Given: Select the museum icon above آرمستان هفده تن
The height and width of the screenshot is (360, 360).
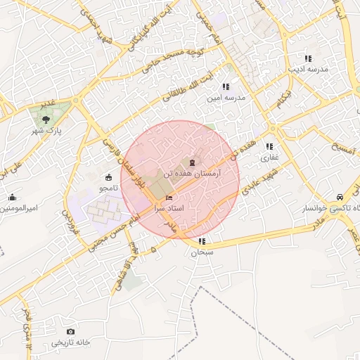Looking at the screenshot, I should click(192, 162).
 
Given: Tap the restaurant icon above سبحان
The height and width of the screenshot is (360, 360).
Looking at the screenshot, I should click(202, 241).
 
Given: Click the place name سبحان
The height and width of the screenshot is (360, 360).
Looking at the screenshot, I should click(202, 252).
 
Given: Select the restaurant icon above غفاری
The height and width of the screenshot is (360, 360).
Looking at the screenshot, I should click(269, 146).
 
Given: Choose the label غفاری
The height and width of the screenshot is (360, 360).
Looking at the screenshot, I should click(270, 157).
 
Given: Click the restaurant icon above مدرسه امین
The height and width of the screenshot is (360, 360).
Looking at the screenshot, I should click(226, 86).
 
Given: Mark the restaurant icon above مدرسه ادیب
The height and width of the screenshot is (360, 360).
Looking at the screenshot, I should click(307, 58).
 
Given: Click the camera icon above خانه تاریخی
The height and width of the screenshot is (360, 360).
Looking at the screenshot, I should click(70, 331).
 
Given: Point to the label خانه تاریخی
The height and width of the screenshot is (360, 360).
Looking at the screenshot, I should click(70, 342).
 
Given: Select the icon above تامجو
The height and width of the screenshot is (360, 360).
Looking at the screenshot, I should click(108, 177).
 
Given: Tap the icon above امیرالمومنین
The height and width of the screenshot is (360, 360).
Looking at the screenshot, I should click(13, 198).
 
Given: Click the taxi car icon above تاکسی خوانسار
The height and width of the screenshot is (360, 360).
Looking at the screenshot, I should click(340, 198).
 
